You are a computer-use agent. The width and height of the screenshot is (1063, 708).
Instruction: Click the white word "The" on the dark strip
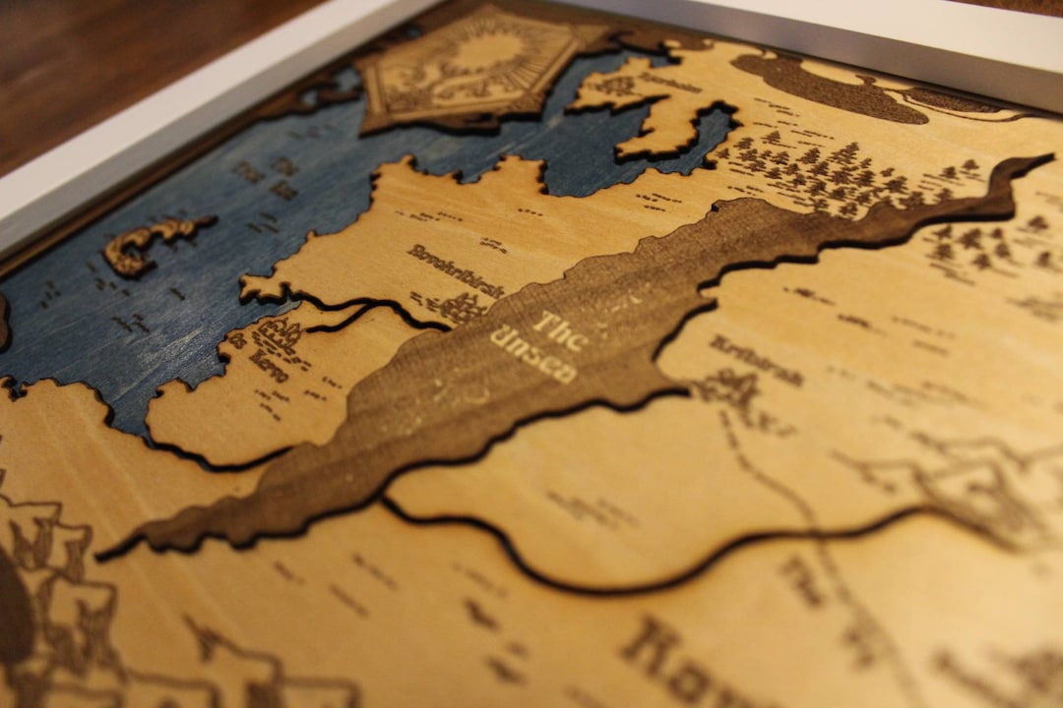(558, 328)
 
